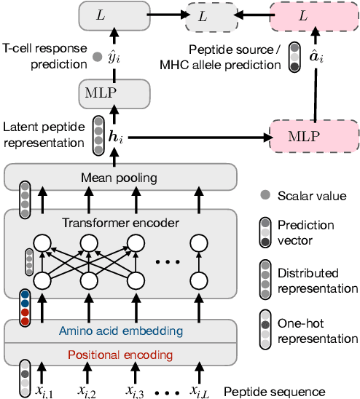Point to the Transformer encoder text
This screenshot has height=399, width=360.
121,223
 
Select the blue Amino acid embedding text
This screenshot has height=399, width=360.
121,331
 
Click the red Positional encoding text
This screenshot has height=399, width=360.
121,355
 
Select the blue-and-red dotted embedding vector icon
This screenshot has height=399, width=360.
26,306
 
